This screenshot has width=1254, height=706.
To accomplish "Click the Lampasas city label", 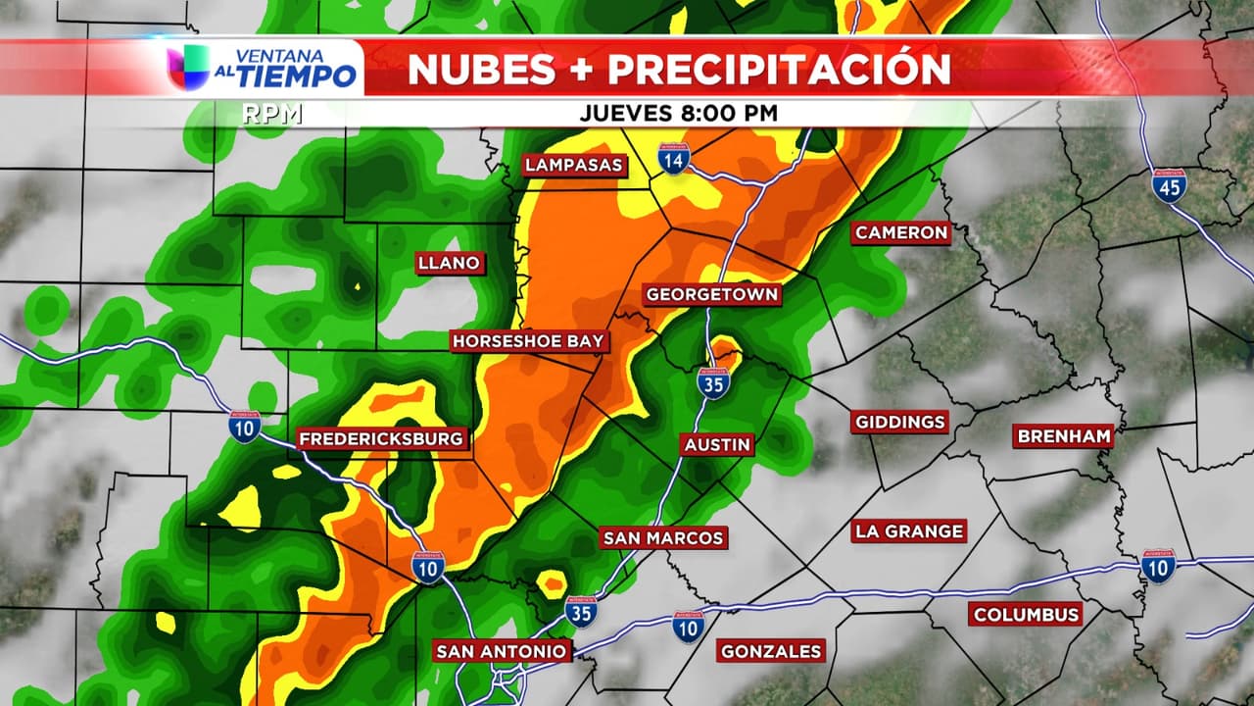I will pyautogui.click(x=574, y=165).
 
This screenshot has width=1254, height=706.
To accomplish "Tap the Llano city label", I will pyautogui.click(x=449, y=263).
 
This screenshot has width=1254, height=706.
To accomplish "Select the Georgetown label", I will pyautogui.click(x=712, y=294).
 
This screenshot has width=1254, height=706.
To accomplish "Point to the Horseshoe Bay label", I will pyautogui.click(x=530, y=341).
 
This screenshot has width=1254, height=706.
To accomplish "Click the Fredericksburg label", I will pyautogui.click(x=381, y=439).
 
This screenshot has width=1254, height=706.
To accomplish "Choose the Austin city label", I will pyautogui.click(x=717, y=444).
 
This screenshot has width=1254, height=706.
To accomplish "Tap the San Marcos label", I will pyautogui.click(x=663, y=537).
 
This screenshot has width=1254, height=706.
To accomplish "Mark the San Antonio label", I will pyautogui.click(x=501, y=651).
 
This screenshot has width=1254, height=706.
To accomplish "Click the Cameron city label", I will pyautogui.click(x=901, y=232).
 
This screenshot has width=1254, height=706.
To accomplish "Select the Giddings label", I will pyautogui.click(x=900, y=422).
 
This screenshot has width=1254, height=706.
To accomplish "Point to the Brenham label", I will pyautogui.click(x=1063, y=436).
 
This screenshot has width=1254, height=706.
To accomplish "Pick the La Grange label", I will pyautogui.click(x=909, y=530).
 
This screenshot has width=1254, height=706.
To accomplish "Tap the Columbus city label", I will pyautogui.click(x=1026, y=614).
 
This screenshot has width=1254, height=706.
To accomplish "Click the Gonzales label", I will pyautogui.click(x=771, y=650).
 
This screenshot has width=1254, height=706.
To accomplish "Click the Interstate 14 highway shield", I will pyautogui.click(x=673, y=158).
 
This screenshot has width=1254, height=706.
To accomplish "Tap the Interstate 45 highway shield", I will pyautogui.click(x=1169, y=185).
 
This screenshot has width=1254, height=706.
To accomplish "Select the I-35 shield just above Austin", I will pyautogui.click(x=714, y=382).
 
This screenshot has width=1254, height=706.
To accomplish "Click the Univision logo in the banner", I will pyautogui.click(x=188, y=68).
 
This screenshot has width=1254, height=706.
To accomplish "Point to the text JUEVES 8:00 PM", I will pyautogui.click(x=678, y=113).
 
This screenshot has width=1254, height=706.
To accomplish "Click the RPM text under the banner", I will pyautogui.click(x=272, y=114).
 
